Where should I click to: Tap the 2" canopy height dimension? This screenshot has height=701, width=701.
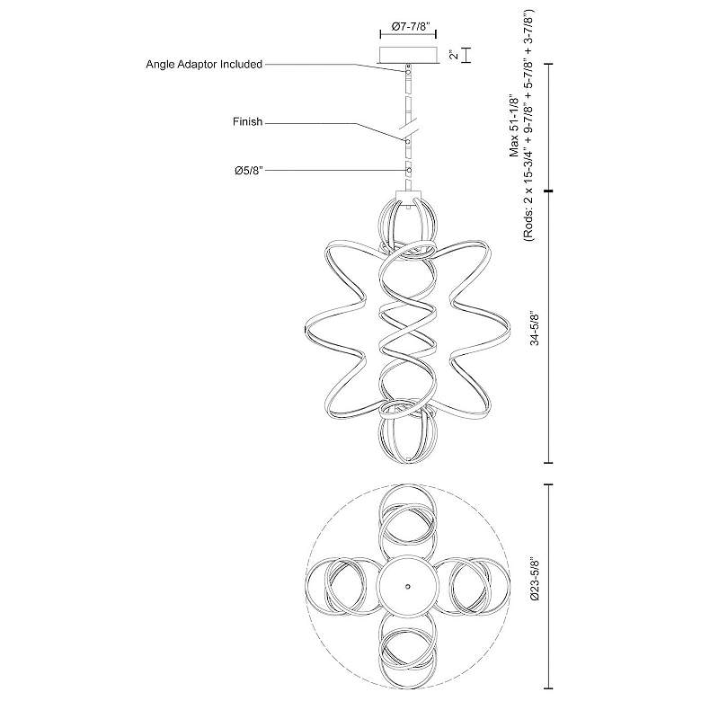coord(455,55)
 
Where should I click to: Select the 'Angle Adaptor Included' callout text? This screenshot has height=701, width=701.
coord(204,65)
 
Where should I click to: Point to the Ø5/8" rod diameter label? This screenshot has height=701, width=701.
coord(245,170)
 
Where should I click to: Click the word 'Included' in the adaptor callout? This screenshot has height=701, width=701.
coord(238,65)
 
